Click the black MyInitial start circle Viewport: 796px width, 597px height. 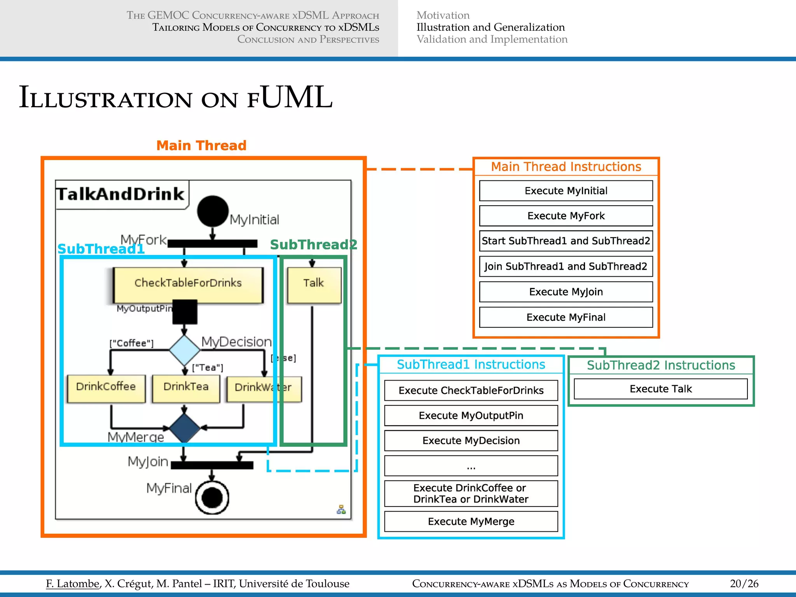[212, 211]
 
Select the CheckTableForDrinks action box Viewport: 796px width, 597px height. [188, 283]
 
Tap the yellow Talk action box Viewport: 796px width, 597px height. [314, 283]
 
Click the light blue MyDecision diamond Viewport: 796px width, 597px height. [184, 349]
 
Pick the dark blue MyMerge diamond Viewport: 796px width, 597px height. [184, 428]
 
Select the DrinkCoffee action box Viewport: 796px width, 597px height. [106, 387]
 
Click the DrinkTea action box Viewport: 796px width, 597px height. [186, 387]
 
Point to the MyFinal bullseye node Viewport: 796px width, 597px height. [212, 497]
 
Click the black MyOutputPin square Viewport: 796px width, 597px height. [185, 312]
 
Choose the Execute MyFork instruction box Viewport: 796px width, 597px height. [566, 216]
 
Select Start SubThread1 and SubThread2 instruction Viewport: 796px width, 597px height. [566, 241]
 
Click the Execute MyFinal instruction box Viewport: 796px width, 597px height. [566, 318]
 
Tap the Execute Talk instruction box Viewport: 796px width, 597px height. [660, 389]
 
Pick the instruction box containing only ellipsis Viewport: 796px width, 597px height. [471, 466]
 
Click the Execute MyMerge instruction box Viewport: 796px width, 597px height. [471, 522]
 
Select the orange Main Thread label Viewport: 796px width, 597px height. [201, 146]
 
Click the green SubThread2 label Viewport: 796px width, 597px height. [313, 245]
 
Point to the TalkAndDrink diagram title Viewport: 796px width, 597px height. [120, 194]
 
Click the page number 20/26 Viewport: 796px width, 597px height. [744, 584]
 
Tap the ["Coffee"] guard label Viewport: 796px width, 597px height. [131, 343]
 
